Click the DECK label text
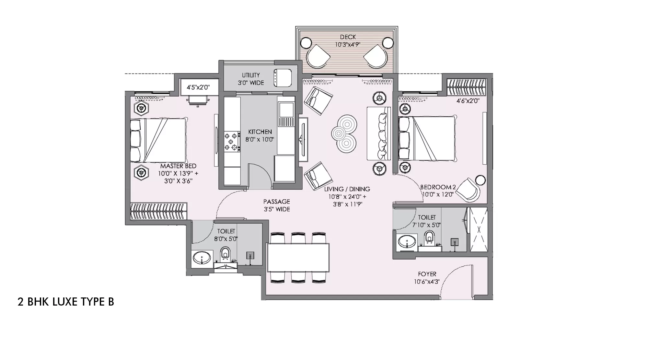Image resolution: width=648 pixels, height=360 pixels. (x=348, y=37)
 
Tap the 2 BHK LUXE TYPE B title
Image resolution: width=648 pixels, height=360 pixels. (x=66, y=302)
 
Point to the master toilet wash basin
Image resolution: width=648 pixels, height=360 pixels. (x=202, y=259)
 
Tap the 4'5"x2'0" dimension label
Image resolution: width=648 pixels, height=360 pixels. (x=198, y=87)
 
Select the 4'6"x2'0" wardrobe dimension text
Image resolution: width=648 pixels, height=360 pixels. (x=468, y=101)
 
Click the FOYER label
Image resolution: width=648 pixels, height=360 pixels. (x=427, y=274)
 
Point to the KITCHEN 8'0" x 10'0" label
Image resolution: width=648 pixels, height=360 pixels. (x=260, y=135)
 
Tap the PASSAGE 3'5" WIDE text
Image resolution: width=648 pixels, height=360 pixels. (x=276, y=205)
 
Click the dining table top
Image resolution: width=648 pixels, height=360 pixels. (x=298, y=258)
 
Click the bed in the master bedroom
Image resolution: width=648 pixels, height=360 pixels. (x=159, y=140)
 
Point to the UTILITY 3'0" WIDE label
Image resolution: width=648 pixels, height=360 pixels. (x=251, y=79)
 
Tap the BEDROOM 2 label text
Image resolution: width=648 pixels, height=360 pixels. (x=438, y=187)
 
